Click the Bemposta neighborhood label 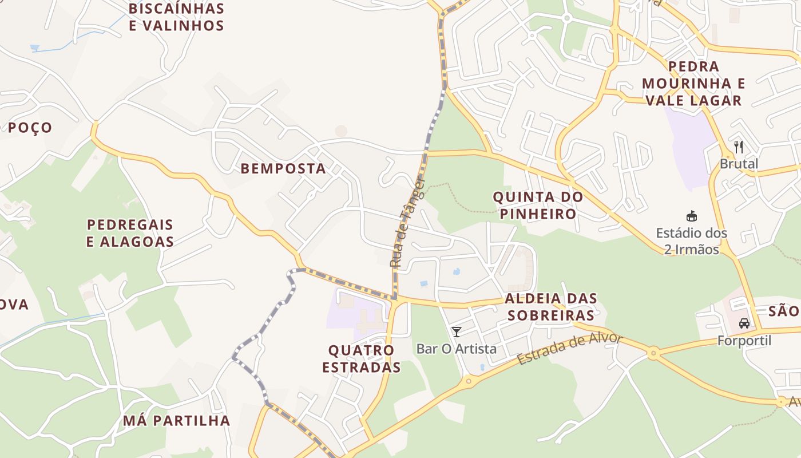pyautogui.click(x=283, y=168)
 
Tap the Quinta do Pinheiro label pyautogui.click(x=538, y=206)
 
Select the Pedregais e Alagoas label pyautogui.click(x=130, y=233)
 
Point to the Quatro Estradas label pyautogui.click(x=361, y=358)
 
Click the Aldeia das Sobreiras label pyautogui.click(x=551, y=307)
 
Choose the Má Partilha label pyautogui.click(x=176, y=421)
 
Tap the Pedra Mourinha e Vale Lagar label pyautogui.click(x=693, y=84)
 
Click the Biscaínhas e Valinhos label pyautogui.click(x=176, y=17)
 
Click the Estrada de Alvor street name pyautogui.click(x=569, y=348)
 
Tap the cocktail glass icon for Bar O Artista pyautogui.click(x=457, y=331)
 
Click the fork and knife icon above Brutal pyautogui.click(x=739, y=147)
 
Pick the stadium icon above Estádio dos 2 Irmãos pyautogui.click(x=692, y=216)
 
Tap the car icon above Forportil pyautogui.click(x=744, y=323)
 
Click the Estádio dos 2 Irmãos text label pyautogui.click(x=692, y=241)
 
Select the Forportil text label pyautogui.click(x=744, y=341)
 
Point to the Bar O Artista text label pyautogui.click(x=457, y=349)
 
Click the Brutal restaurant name pyautogui.click(x=739, y=164)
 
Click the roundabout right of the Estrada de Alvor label pyautogui.click(x=653, y=353)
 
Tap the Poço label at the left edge pyautogui.click(x=30, y=128)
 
